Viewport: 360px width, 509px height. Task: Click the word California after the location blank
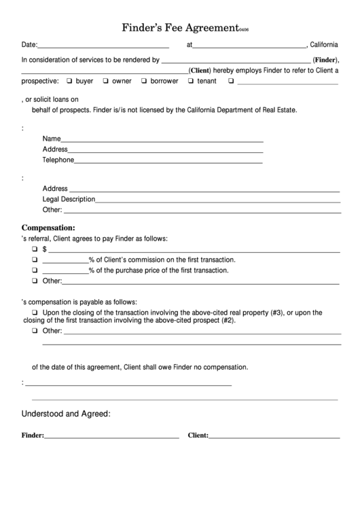325,45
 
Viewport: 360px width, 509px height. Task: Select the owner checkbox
106,81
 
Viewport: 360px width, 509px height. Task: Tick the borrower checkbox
144,81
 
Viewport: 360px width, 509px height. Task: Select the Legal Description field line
217,200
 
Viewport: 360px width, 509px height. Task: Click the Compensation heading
48,228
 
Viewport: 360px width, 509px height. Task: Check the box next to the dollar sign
35,249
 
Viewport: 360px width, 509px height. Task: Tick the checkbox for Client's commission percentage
35,260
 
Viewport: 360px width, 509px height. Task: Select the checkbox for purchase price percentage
35,270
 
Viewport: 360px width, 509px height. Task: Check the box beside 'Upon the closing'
35,313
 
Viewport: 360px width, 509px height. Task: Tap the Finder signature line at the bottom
111,436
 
